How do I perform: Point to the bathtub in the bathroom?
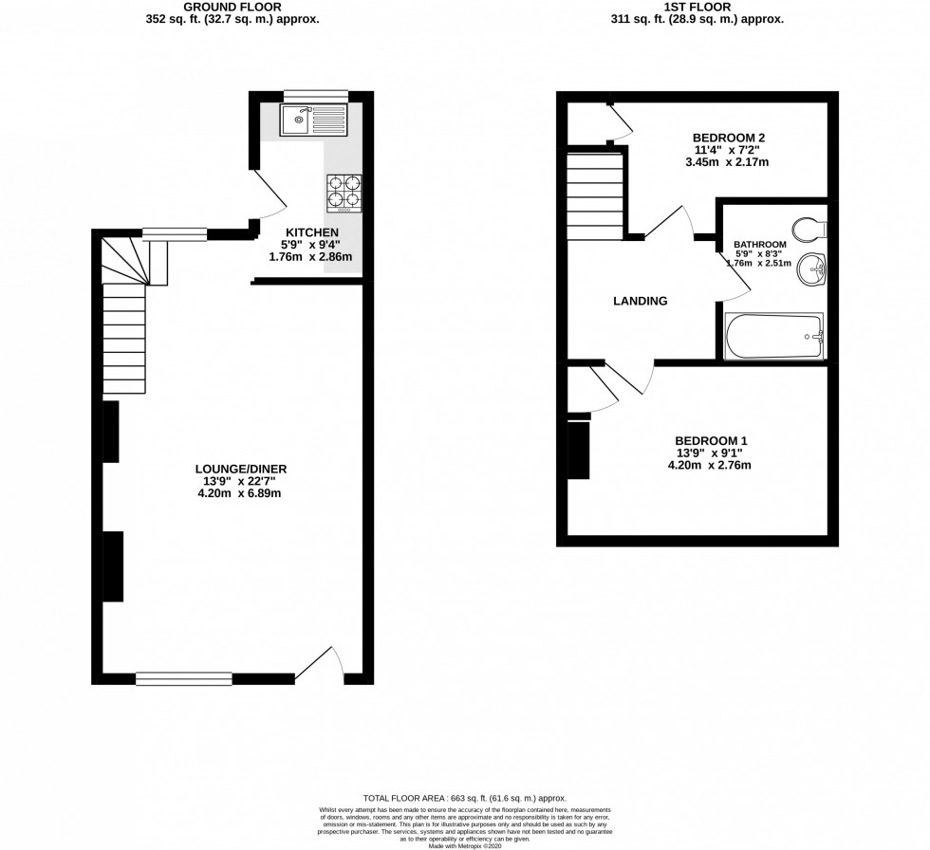pos(774,337)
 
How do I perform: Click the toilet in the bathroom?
pos(810,228)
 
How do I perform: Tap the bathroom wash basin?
pos(811,270)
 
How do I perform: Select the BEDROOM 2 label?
pos(729,138)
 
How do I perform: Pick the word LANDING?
pos(641,302)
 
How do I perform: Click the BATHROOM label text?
pos(760,245)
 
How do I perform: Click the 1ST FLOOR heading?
pos(696,7)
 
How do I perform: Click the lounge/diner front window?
pos(184,677)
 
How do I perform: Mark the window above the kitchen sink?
pos(315,93)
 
